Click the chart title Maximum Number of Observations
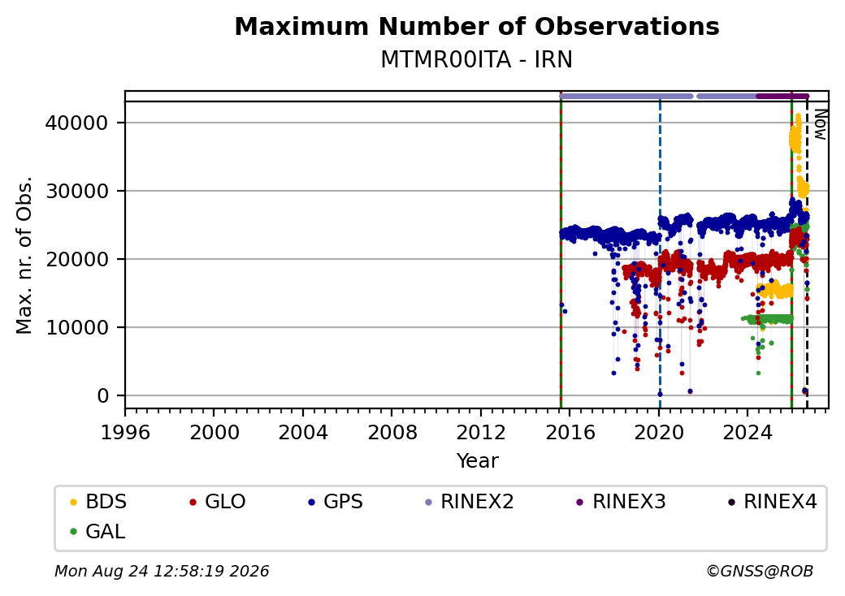[x=477, y=26]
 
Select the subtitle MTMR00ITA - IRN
[x=477, y=59]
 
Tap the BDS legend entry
[x=98, y=502]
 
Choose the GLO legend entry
[x=217, y=502]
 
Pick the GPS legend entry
[x=336, y=502]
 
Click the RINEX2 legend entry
[x=469, y=502]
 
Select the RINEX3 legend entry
[x=621, y=502]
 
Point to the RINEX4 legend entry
[x=772, y=502]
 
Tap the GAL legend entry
[x=97, y=531]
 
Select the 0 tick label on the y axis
[x=103, y=395]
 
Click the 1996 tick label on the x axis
[x=125, y=432]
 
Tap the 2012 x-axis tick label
[x=481, y=432]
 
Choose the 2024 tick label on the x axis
[x=747, y=432]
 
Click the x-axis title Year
[x=478, y=461]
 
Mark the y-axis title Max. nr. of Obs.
[x=24, y=255]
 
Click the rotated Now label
[x=820, y=124]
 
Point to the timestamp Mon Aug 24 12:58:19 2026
[x=162, y=571]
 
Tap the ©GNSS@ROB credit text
[x=760, y=571]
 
